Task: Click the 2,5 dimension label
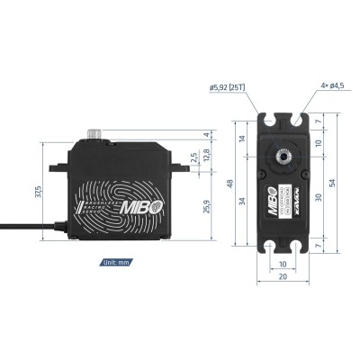(x=192, y=157)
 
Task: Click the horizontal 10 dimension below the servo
(x=283, y=265)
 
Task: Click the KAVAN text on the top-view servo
(x=299, y=195)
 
